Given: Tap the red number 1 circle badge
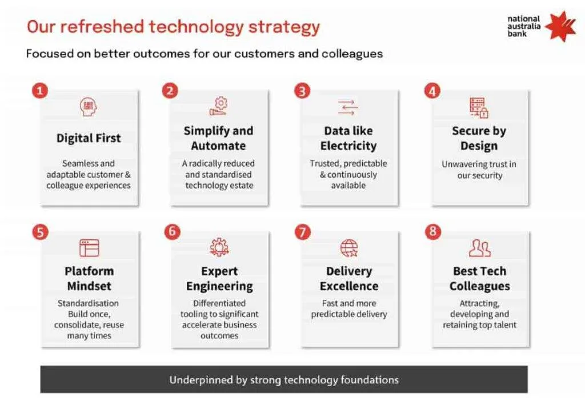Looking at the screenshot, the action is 40,91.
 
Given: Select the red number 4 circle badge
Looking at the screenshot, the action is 432,91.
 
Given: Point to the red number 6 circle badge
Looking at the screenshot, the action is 172,231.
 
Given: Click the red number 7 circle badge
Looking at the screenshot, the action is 303,232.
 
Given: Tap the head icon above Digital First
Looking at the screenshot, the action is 89,107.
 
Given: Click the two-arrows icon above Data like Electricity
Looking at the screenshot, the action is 348,107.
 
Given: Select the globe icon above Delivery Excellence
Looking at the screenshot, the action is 349,248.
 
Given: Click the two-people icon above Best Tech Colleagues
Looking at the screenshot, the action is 480,248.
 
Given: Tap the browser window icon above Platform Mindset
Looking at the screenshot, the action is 89,248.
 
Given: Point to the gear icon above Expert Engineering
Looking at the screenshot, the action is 219,247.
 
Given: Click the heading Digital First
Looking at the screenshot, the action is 89,138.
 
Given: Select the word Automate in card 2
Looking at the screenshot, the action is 218,146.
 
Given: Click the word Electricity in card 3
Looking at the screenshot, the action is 348,146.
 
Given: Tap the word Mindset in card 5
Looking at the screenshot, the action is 89,286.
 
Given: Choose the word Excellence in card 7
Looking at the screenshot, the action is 349,286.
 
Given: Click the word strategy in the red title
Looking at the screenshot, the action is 285,27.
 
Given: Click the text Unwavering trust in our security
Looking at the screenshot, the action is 479,170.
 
